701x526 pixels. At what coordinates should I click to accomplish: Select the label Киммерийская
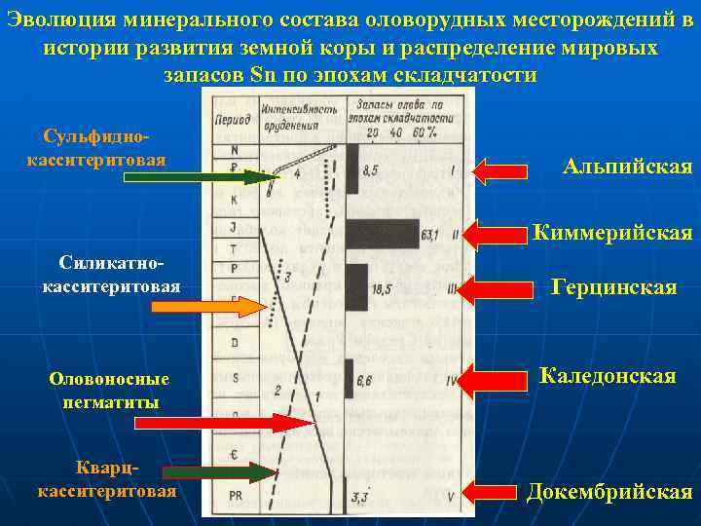[612, 233]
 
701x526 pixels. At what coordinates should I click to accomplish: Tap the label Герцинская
[613, 287]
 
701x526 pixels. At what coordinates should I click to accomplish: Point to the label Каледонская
[608, 376]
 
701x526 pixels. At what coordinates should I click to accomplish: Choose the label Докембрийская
[609, 491]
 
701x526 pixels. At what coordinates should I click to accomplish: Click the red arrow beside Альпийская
[499, 172]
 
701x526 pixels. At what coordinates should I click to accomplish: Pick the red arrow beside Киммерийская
[496, 234]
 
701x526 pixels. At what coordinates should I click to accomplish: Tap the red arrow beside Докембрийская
[496, 493]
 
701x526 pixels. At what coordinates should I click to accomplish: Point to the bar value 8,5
[371, 170]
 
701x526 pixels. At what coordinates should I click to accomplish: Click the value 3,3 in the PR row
[360, 497]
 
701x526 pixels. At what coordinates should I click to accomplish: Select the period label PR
[238, 496]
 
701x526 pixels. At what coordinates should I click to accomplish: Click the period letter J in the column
[235, 227]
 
